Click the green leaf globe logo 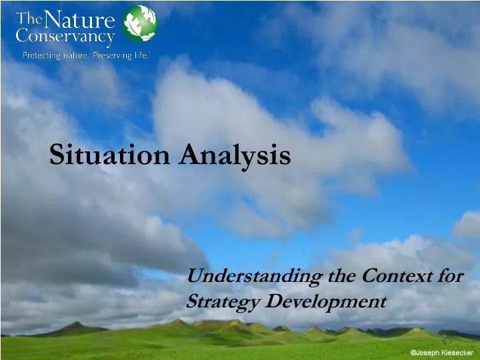140,23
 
